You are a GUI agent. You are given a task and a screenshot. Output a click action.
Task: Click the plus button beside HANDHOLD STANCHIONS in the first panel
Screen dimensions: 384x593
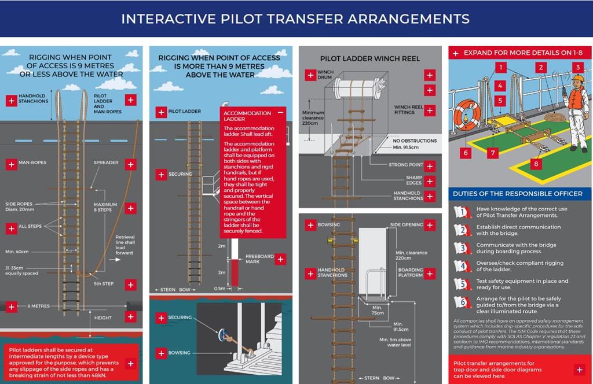(10, 100)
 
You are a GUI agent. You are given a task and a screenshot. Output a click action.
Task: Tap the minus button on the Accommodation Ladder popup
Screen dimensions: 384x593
(281, 112)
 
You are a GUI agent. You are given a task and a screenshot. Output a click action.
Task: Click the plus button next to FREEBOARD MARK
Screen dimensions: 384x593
(281, 259)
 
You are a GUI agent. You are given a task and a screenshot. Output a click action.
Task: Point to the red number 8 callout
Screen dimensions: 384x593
(536, 164)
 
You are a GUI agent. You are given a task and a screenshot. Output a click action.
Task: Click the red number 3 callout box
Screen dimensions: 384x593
(577, 67)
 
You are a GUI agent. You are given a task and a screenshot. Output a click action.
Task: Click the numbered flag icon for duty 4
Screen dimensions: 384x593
(460, 266)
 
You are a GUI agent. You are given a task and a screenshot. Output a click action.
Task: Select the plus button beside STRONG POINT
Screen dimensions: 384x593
(430, 167)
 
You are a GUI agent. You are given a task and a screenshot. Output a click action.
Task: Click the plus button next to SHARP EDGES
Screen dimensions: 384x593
(430, 181)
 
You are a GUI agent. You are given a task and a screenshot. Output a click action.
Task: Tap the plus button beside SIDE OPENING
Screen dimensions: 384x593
(430, 224)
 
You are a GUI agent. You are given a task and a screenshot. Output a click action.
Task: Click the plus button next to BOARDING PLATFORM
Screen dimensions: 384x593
(430, 273)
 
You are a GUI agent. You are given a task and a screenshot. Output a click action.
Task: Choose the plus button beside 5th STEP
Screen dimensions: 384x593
(130, 285)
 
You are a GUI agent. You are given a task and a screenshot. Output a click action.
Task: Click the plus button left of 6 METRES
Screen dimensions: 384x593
(10, 306)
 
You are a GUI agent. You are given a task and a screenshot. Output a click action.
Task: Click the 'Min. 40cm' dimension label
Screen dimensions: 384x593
(17, 252)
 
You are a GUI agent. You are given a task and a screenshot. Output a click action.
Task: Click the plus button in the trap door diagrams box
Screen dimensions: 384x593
(579, 370)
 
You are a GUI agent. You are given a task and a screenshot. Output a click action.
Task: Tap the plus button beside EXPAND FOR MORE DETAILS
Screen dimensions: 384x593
(456, 53)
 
